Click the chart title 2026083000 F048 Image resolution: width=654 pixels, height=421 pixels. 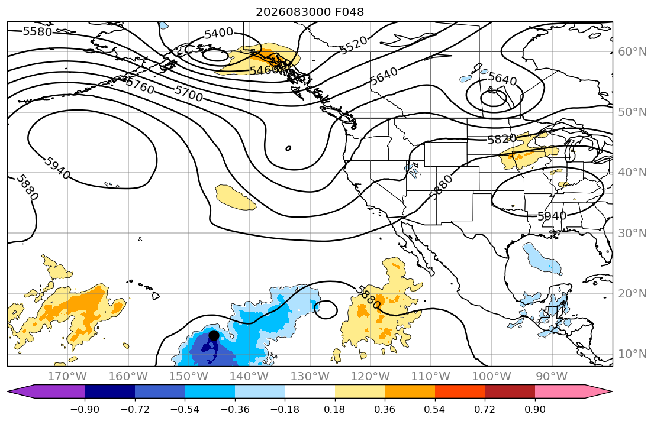click(x=310, y=12)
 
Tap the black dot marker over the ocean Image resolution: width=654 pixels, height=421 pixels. click(x=214, y=335)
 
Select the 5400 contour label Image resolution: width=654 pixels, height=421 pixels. click(x=218, y=33)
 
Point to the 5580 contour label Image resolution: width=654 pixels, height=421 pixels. click(x=37, y=31)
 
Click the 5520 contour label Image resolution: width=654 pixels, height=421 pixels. click(x=354, y=46)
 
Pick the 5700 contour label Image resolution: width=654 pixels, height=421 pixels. click(x=189, y=93)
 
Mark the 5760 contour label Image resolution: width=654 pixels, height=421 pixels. click(x=140, y=86)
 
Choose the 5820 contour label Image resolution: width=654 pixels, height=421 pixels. click(x=502, y=138)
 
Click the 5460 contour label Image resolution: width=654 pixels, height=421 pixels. click(x=264, y=70)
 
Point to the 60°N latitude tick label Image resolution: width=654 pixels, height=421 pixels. click(x=632, y=51)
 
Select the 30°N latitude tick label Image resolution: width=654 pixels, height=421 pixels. click(x=632, y=233)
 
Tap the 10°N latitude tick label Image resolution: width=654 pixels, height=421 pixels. click(x=632, y=354)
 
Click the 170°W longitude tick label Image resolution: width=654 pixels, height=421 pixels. click(x=67, y=377)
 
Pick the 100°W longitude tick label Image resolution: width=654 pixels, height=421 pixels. click(x=491, y=377)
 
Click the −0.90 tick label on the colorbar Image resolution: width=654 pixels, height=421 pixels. click(x=85, y=409)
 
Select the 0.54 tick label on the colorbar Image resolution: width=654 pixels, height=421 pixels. click(x=434, y=409)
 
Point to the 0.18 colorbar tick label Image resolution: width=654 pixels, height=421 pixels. click(x=334, y=409)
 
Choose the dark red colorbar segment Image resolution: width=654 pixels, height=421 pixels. click(x=510, y=391)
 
